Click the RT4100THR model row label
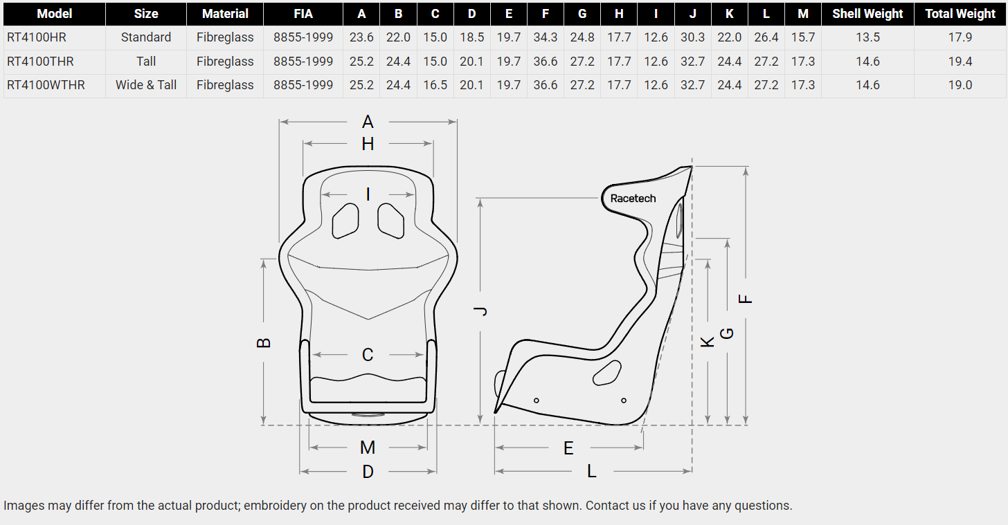40,61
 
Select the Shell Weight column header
867,14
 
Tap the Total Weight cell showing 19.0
960,85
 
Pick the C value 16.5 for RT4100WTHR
435,85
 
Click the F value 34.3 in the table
545,37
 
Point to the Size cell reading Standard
146,37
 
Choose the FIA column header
303,14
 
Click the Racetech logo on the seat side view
633,199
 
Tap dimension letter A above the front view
368,122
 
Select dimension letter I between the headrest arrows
368,194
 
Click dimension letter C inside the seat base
368,355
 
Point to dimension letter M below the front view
368,448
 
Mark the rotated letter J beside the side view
480,311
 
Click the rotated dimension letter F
745,299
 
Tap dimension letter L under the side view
592,471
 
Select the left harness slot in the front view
345,221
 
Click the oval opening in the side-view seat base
607,373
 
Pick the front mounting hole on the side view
536,400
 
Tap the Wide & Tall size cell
146,85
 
